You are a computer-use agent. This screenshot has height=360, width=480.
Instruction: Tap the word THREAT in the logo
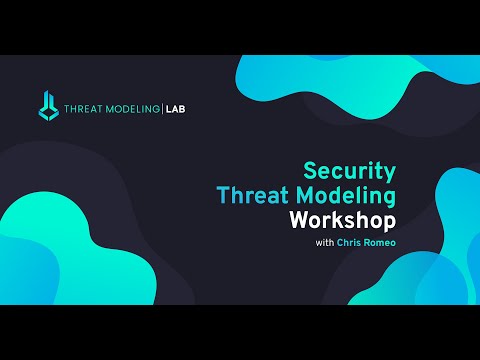pos(82,106)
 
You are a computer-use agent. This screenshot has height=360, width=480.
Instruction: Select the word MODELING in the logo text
pos(132,106)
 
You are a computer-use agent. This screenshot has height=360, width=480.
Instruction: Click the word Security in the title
pos(350,170)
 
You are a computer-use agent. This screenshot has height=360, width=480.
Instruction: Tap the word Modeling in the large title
pos(355,195)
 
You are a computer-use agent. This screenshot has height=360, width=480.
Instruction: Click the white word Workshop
pos(342,218)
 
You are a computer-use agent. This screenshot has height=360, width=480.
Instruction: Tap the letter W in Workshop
pos(298,218)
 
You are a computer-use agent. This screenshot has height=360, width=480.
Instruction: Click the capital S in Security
pos(309,170)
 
